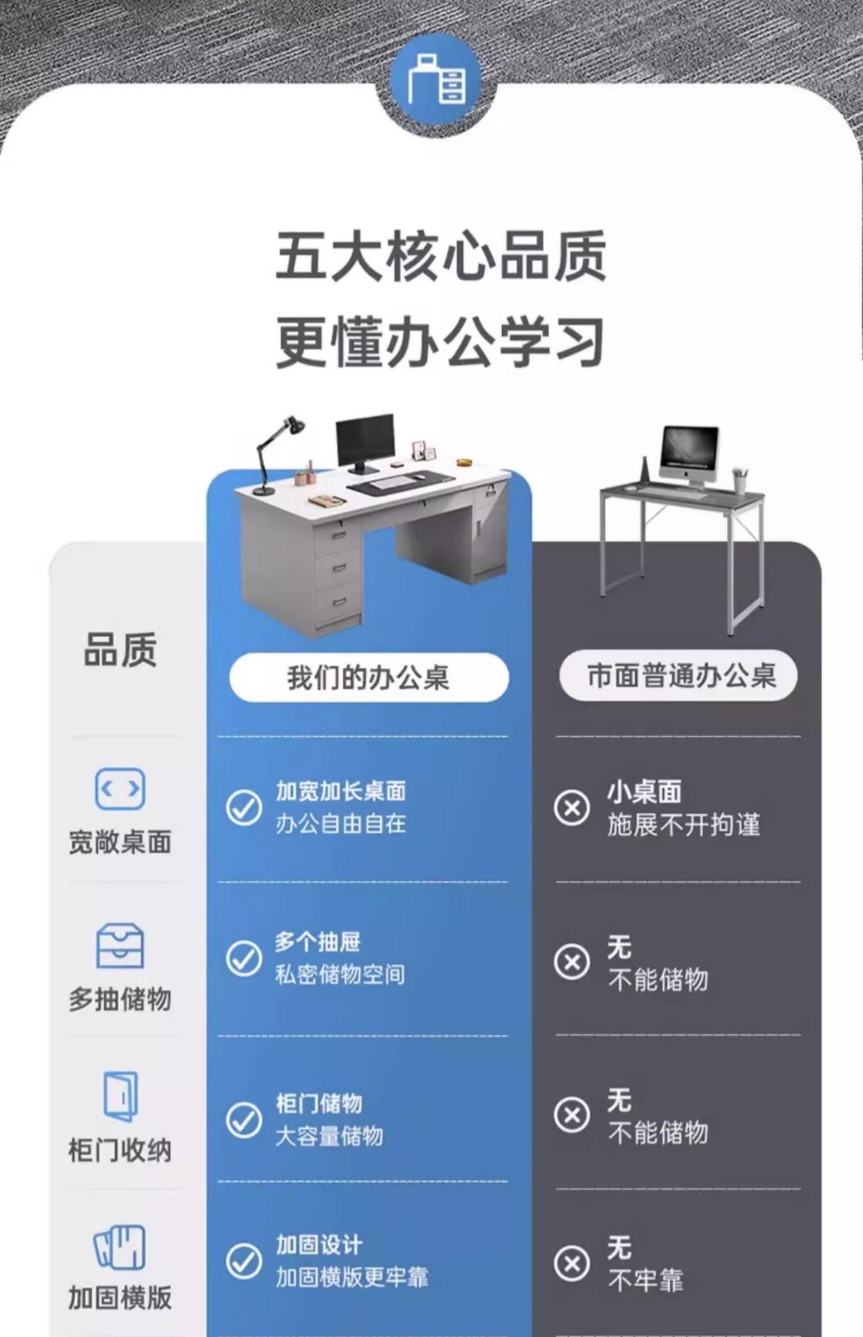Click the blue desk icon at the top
pos(436,81)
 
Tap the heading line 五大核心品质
pos(441,256)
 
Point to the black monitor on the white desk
pos(365,439)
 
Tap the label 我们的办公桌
pos(369,678)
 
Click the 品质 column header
pos(120,650)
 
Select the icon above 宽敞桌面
pos(120,789)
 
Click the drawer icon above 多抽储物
pos(120,946)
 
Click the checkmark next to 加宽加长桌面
pos(244,808)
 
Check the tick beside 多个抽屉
pos(244,959)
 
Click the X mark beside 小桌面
pos(572,808)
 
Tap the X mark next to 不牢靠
pos(572,1263)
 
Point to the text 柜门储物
pos(319,1103)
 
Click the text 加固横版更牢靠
pos(352,1277)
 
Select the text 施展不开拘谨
pos(683,824)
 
